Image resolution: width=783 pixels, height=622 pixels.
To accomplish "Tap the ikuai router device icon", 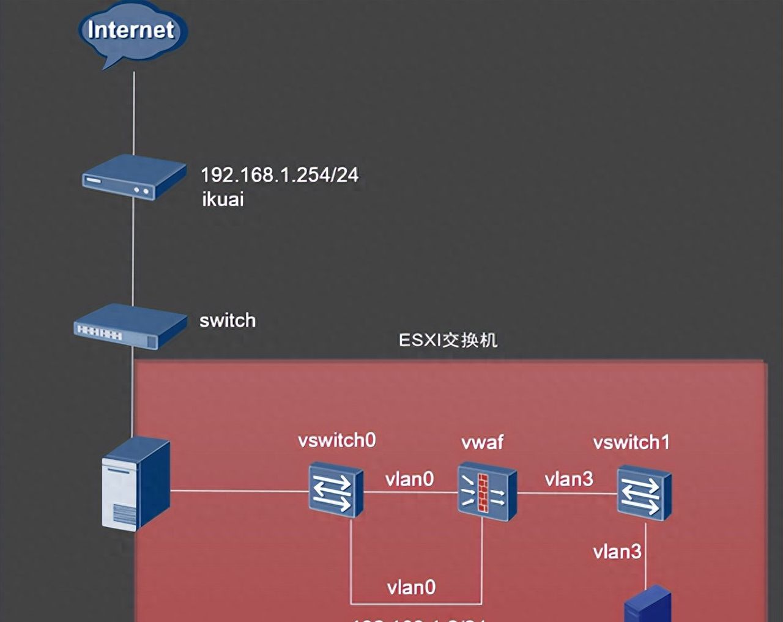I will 134,177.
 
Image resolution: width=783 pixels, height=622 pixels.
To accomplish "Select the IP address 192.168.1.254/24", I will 280,175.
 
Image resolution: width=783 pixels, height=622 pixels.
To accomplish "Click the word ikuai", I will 223,199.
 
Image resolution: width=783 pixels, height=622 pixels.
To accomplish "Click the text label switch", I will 228,320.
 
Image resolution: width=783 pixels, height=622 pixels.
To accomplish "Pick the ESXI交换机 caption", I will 448,340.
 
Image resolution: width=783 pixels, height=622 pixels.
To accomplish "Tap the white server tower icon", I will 135,483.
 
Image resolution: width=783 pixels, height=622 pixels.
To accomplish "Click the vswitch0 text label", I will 336,440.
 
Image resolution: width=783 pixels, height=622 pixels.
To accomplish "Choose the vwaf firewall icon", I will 487,492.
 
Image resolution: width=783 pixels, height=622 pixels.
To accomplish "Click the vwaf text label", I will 482,442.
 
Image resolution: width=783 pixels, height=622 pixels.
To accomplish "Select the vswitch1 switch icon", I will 644,492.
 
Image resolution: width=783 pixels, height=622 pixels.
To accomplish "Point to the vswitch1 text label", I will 631,442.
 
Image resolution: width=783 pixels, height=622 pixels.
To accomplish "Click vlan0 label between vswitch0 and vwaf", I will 409,479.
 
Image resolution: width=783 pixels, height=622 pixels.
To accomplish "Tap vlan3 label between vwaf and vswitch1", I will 569,479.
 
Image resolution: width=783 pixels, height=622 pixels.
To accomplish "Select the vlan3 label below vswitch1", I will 617,552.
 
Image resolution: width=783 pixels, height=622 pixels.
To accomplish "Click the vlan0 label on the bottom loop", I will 411,588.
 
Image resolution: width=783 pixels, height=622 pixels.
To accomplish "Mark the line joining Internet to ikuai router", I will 134,113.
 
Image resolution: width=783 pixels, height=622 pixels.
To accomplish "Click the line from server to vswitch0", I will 239,491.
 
